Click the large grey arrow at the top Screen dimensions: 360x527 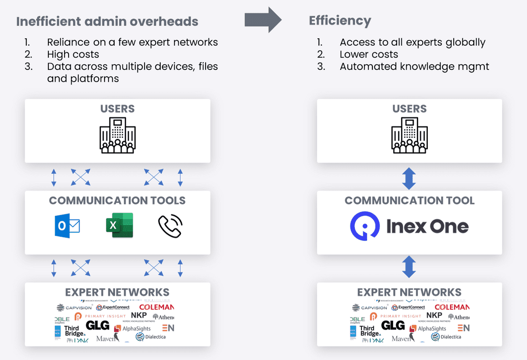(263, 20)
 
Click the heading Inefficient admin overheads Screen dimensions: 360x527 (107, 21)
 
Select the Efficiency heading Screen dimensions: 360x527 (340, 21)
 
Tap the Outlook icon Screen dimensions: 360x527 (68, 226)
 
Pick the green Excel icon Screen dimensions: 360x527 (119, 226)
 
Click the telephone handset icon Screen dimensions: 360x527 (170, 226)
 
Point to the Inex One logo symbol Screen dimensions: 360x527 (365, 227)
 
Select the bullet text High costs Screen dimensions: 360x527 (73, 54)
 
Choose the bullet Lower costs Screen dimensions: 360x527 (369, 54)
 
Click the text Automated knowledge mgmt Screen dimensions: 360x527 (414, 66)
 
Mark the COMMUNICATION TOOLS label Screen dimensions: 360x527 (117, 201)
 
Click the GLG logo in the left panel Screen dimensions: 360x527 (97, 325)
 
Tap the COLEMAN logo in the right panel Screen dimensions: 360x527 (452, 307)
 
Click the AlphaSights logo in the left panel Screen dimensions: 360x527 (132, 328)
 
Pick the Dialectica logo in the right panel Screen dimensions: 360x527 (446, 337)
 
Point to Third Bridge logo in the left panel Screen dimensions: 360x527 (72, 331)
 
